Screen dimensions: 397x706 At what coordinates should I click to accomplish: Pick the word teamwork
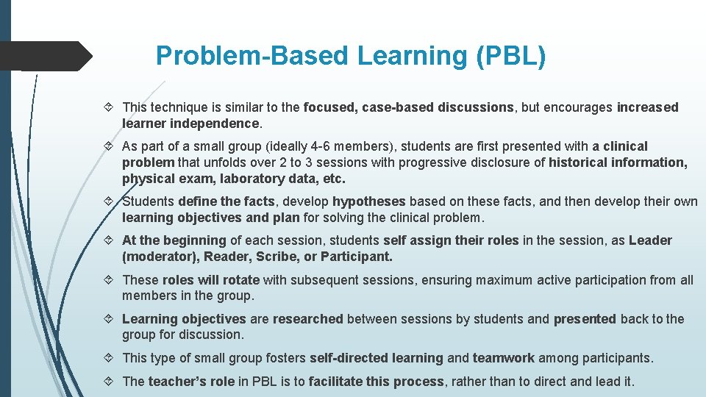[504, 358]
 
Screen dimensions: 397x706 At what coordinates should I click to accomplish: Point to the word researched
[307, 319]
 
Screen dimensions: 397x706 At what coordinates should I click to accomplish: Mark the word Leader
[650, 240]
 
